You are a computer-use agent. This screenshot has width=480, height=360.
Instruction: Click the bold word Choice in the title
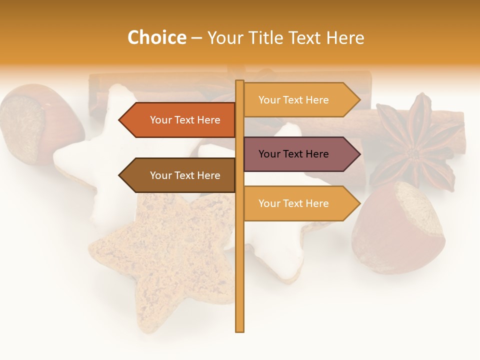(156, 37)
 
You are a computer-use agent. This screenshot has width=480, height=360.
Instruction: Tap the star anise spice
(415, 145)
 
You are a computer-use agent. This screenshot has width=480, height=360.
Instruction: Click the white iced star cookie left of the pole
(100, 160)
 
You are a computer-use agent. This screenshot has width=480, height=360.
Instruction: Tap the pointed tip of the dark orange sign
(120, 120)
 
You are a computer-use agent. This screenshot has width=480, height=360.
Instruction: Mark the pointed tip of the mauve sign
(359, 154)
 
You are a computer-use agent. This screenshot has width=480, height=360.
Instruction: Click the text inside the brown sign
(185, 175)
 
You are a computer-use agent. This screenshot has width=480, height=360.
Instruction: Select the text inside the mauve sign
(293, 154)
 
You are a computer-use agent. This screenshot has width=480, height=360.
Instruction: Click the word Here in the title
(345, 37)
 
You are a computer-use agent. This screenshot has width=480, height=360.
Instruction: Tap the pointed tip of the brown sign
(120, 175)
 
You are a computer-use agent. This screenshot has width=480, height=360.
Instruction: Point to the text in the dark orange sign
(185, 120)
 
